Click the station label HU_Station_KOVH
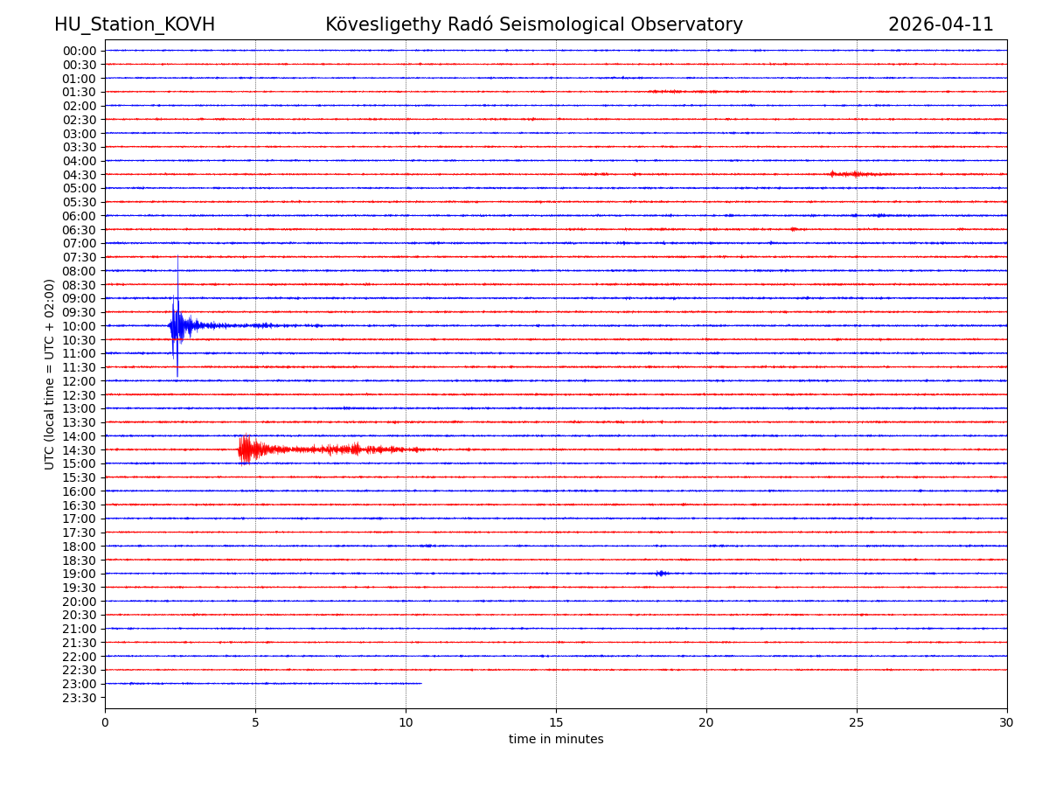pyautogui.click(x=135, y=24)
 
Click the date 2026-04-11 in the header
pyautogui.click(x=941, y=24)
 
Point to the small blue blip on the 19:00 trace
pyautogui.click(x=661, y=574)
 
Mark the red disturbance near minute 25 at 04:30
pyautogui.click(x=851, y=174)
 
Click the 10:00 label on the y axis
pyautogui.click(x=80, y=326)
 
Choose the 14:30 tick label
pyautogui.click(x=80, y=450)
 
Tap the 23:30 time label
pyautogui.click(x=80, y=698)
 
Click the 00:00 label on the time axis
pyautogui.click(x=80, y=51)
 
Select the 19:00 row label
pyautogui.click(x=80, y=574)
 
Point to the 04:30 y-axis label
pyautogui.click(x=80, y=174)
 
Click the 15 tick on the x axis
pyautogui.click(x=556, y=722)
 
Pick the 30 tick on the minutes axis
pyautogui.click(x=1007, y=722)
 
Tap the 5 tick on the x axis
pyautogui.click(x=255, y=722)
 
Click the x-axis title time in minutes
pyautogui.click(x=556, y=740)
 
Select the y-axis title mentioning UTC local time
pyautogui.click(x=51, y=374)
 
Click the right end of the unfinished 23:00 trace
pyautogui.click(x=420, y=684)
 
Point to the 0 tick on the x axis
pyautogui.click(x=105, y=722)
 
